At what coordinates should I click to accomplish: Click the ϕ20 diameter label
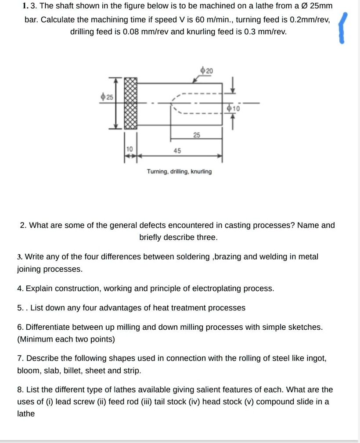click(x=206, y=71)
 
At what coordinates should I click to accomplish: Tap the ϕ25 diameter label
click(x=106, y=97)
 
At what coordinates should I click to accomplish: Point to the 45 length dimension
click(x=177, y=151)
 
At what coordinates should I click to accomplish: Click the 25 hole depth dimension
click(x=196, y=135)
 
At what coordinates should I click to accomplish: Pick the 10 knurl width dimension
click(x=130, y=150)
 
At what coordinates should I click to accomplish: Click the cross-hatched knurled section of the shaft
click(x=130, y=103)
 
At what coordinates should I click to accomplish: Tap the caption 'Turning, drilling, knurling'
click(x=179, y=171)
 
